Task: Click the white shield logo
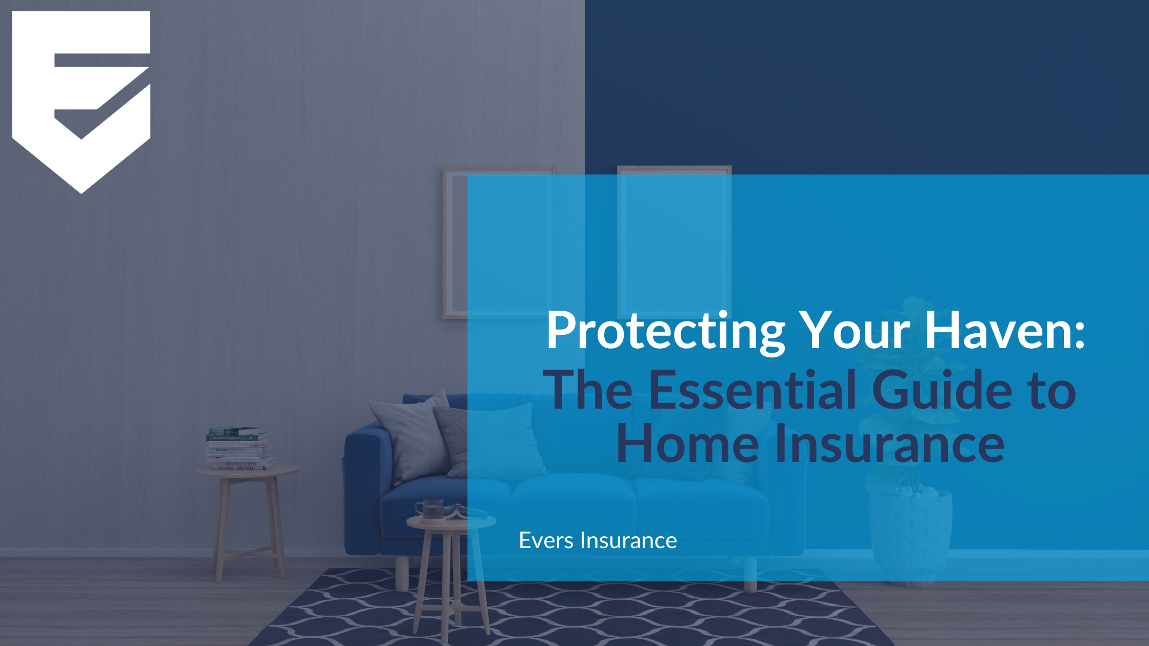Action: pos(81,97)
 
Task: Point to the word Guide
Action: pos(942,391)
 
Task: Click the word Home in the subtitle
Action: pos(687,444)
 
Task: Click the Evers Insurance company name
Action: pos(598,540)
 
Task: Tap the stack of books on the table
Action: pos(238,449)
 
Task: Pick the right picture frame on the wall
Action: pos(674,241)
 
